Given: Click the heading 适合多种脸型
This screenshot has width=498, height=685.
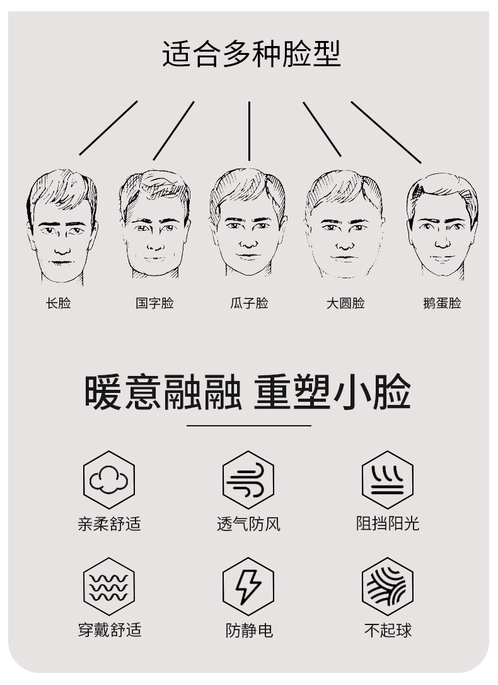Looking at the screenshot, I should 251,54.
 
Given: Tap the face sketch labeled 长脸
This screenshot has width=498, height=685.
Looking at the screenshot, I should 62,227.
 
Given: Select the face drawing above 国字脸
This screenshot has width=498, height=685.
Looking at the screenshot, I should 154,224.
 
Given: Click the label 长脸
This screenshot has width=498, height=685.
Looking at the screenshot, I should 59,303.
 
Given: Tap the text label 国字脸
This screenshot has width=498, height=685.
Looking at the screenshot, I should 154,303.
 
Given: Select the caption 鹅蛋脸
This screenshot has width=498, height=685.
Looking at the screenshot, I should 442,303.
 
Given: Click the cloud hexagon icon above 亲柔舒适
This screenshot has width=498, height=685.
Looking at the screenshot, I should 109,480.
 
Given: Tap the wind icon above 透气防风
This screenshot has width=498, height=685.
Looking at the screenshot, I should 248,480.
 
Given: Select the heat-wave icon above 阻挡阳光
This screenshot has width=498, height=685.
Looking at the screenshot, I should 388,480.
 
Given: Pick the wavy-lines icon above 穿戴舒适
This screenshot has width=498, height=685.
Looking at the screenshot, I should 109,587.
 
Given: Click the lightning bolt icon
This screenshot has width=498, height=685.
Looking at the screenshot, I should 248,587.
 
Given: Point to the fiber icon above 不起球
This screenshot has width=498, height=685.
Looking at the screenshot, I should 388,587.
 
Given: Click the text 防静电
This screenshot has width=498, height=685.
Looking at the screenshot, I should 249,630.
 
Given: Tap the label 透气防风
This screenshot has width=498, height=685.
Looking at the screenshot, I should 249,524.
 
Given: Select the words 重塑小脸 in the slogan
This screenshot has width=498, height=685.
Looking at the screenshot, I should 332,392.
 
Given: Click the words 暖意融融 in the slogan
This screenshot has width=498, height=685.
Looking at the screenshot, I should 163,392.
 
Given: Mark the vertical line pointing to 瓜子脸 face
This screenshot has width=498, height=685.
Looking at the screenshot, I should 249,131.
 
